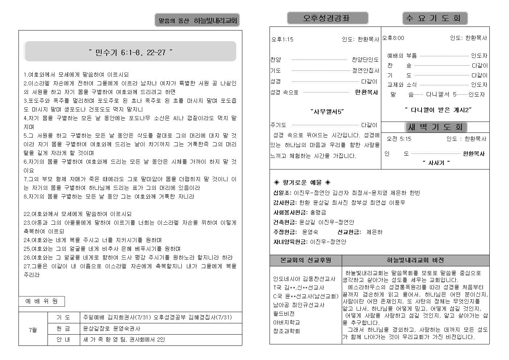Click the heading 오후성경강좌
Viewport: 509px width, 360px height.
(327, 18)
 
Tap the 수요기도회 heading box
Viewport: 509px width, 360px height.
(435, 18)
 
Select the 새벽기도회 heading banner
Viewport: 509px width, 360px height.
(436, 127)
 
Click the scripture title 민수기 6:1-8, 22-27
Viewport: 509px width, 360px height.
(130, 52)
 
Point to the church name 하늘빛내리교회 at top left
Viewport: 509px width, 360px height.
(215, 21)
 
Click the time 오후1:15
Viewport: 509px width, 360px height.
(282, 39)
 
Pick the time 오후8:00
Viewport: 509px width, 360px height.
(393, 38)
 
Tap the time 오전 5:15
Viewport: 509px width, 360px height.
(399, 139)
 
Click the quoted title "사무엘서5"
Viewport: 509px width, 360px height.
(327, 112)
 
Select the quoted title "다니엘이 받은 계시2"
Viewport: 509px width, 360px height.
(438, 110)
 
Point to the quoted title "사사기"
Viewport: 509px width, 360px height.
(436, 163)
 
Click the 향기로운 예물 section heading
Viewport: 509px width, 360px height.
(302, 182)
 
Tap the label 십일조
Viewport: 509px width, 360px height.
(282, 193)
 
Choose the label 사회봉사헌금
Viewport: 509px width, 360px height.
(290, 212)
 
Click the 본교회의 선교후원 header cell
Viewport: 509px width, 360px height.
(305, 260)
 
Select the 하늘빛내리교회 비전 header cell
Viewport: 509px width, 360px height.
(415, 260)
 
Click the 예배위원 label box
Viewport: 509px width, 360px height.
(41, 301)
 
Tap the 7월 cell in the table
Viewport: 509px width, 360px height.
(33, 330)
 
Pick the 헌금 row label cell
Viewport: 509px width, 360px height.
(63, 328)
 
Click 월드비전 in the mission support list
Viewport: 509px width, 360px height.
(284, 314)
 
